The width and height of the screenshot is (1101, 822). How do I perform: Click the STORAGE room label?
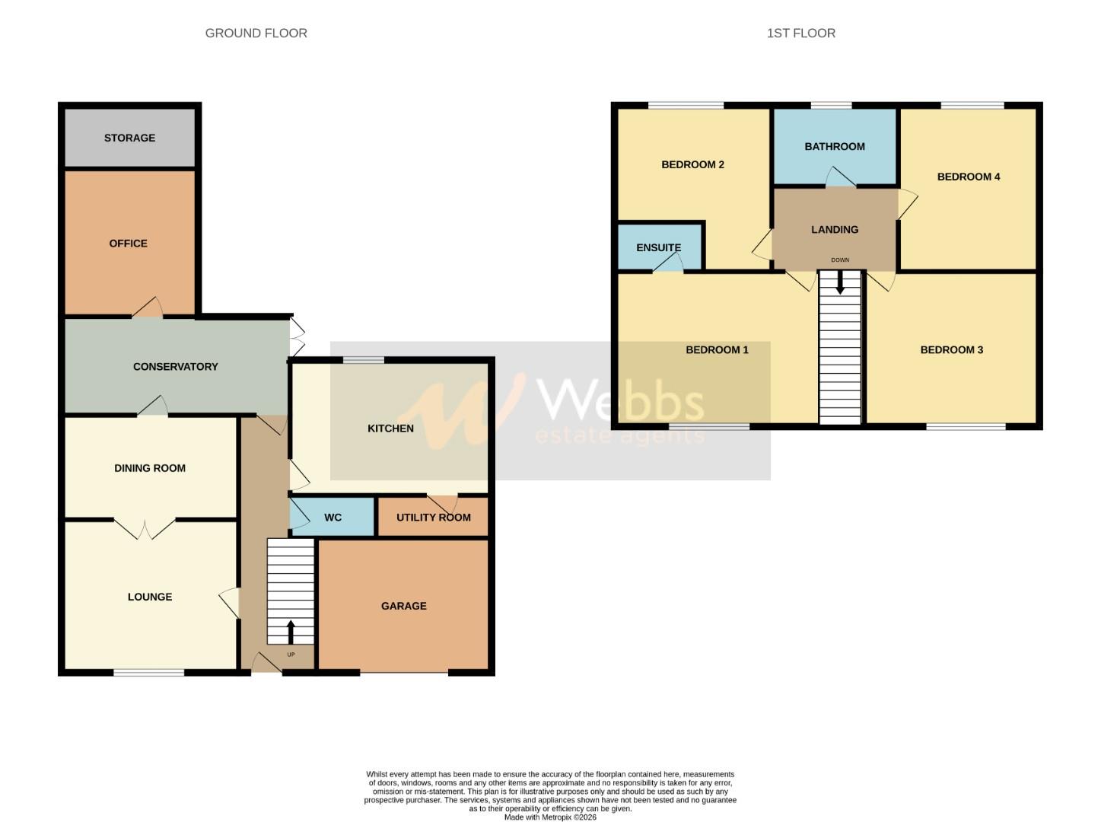coord(129,138)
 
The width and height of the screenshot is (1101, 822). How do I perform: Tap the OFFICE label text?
coord(128,244)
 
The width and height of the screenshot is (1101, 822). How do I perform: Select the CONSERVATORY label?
coord(175,367)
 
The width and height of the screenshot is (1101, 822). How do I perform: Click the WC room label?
coord(333,518)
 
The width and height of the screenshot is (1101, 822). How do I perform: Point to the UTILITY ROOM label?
coord(433,518)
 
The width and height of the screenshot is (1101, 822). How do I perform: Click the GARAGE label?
coord(403,606)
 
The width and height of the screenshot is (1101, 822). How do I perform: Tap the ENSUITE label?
coord(658,247)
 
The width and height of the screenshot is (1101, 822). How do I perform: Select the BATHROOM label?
coord(834,147)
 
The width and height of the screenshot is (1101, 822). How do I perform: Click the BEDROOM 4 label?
coord(968,177)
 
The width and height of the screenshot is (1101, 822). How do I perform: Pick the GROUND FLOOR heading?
coord(256,33)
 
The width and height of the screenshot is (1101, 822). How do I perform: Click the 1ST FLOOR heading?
coord(800,33)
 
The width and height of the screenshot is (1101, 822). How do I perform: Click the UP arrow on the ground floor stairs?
coord(291,632)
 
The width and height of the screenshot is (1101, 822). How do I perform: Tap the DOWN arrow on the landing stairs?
coord(839,282)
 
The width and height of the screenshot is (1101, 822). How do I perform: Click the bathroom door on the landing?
coord(840,178)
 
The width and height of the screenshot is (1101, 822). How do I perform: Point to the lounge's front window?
coord(149,672)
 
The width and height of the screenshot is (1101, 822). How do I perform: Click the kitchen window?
coord(363,360)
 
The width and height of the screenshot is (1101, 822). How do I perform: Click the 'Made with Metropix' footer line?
coord(550,817)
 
